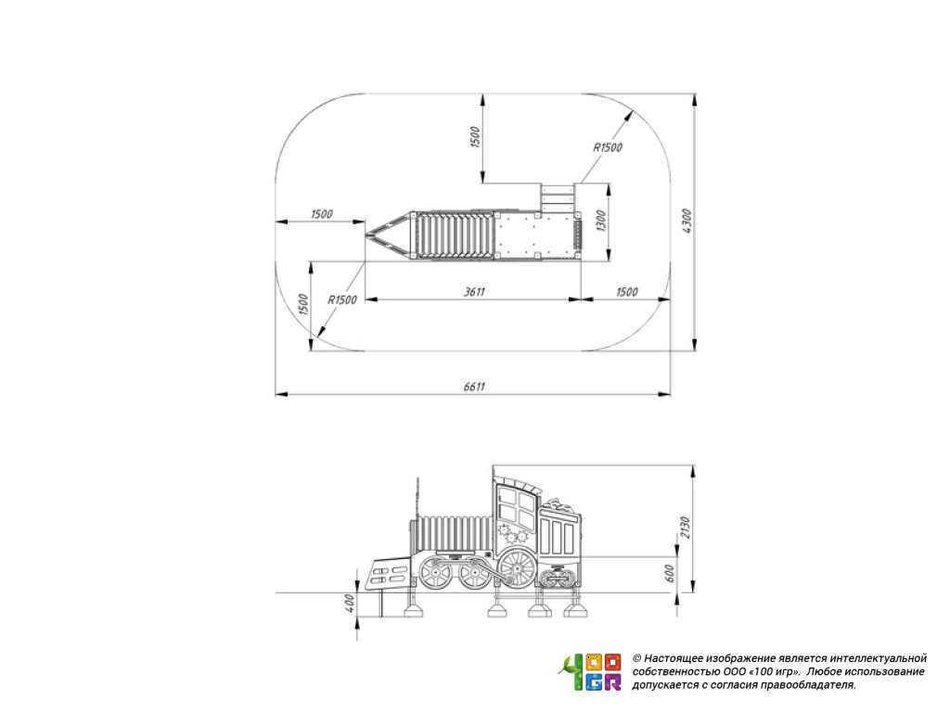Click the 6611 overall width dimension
[474, 387]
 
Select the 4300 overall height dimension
[687, 222]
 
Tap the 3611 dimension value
[474, 292]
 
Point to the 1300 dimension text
[600, 221]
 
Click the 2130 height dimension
[686, 528]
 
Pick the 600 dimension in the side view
[670, 573]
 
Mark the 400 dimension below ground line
[349, 603]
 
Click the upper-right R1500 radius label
[608, 147]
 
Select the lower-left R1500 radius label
[342, 299]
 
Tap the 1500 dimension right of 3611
[627, 292]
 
